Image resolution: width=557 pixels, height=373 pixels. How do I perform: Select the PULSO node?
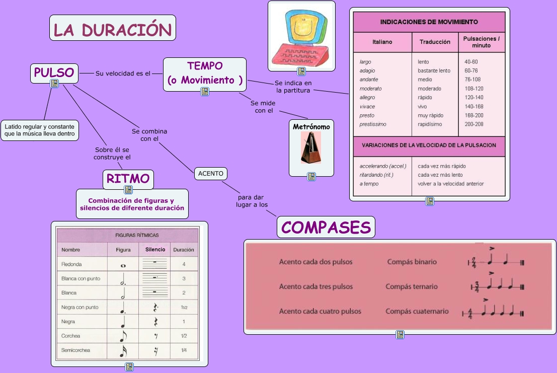point(54,73)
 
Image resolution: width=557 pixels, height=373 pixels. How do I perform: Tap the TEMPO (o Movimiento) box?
point(205,73)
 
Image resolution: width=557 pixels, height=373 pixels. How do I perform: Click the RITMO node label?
point(128,179)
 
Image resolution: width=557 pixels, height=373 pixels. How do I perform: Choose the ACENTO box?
point(210,174)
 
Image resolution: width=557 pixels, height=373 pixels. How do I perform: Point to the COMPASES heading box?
point(326,227)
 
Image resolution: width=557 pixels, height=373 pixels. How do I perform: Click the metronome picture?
point(311,147)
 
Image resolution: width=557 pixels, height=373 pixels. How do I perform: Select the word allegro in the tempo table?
point(367,98)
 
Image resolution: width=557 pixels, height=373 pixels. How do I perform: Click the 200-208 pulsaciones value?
point(474,124)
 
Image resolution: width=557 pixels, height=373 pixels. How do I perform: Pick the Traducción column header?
point(435,42)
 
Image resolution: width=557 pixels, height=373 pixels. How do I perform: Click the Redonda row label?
point(71,264)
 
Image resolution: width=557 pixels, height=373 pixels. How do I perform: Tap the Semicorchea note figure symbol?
point(123,350)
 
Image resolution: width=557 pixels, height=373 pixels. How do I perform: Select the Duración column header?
point(183,250)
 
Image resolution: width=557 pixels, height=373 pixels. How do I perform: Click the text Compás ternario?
point(412,287)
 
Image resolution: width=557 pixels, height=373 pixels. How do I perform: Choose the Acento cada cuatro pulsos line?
point(320,311)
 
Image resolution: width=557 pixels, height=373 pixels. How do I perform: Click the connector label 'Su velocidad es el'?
point(123,73)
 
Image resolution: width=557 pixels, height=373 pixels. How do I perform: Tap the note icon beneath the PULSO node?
point(54,84)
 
